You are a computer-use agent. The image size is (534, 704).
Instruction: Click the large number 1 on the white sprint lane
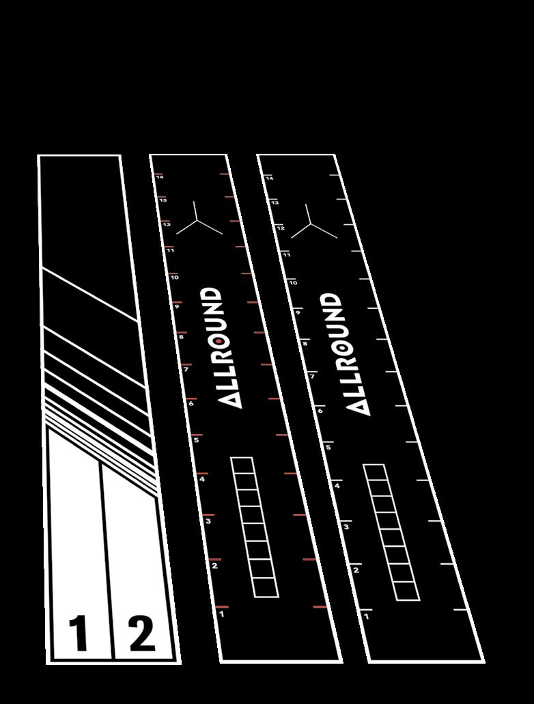(80, 634)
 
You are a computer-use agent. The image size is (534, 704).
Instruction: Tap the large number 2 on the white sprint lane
(141, 634)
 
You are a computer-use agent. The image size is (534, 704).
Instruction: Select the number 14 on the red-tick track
(160, 177)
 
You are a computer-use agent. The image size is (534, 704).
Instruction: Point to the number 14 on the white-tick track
(269, 178)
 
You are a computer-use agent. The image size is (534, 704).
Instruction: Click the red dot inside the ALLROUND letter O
(218, 340)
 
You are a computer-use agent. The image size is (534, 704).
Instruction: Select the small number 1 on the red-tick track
(222, 614)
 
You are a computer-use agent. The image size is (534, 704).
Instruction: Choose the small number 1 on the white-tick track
(367, 617)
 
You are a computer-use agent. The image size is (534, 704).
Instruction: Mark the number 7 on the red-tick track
(185, 370)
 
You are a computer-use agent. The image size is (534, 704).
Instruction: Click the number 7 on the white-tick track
(312, 376)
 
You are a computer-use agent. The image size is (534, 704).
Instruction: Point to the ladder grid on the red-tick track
(255, 527)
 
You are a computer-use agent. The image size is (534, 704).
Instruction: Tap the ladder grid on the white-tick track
(391, 532)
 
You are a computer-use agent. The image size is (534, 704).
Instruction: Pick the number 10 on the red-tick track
(175, 277)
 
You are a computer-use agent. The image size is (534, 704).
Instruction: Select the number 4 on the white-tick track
(337, 485)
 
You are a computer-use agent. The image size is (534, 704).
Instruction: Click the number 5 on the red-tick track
(197, 440)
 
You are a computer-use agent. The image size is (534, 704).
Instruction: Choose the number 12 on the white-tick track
(281, 227)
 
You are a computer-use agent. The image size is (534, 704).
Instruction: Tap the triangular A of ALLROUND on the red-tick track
(233, 400)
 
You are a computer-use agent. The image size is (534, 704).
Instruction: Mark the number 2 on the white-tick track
(356, 570)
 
